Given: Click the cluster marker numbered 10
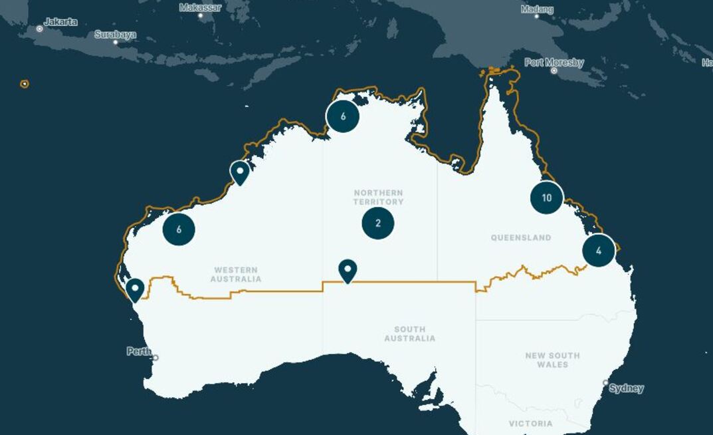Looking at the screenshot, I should (547, 198).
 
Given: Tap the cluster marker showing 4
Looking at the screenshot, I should (599, 251).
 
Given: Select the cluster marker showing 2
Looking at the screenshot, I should (378, 223).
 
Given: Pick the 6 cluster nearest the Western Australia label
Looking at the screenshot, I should (179, 229).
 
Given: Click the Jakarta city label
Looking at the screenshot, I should (60, 22).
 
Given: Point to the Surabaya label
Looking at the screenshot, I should (115, 35).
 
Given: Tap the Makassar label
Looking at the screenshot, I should (200, 7).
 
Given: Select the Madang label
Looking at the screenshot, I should (537, 9).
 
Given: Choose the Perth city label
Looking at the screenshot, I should (139, 351).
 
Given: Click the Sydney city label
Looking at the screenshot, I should (626, 388).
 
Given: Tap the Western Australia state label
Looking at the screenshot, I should (236, 275).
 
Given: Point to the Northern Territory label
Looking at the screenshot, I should (378, 198).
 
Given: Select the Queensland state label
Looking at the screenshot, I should (521, 237).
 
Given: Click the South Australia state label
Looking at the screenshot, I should (409, 334).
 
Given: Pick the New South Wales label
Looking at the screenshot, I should (552, 360).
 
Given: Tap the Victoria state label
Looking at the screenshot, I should (530, 424).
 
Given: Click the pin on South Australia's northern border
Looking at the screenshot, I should (348, 270).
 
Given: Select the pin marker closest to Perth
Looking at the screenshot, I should (135, 289).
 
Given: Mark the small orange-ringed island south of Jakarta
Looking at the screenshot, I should (25, 84).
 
